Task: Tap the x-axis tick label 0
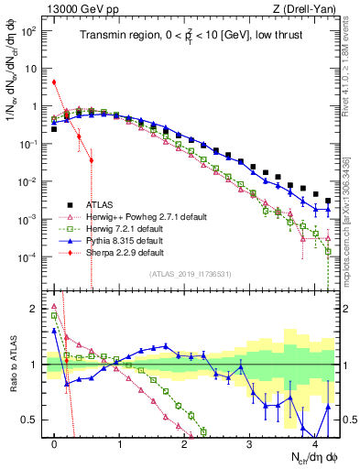pos(55,442)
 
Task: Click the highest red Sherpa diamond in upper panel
pos(55,82)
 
